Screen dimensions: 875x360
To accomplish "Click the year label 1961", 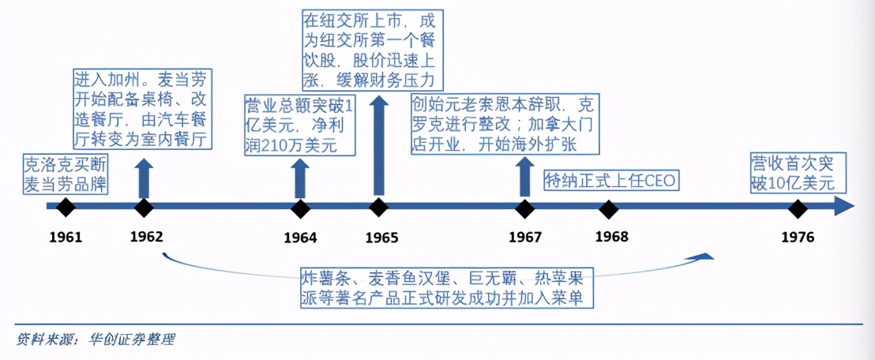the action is pos(66,237).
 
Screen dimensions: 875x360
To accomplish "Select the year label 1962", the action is pos(146,237).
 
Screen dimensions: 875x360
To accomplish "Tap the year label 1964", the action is pos(300,238).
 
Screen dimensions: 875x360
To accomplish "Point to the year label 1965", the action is pos(381,238).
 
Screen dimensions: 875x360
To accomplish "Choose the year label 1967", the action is pos(524,237).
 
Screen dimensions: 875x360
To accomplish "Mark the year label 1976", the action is pos(798,238).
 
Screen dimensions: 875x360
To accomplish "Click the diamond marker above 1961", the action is pos(66,208).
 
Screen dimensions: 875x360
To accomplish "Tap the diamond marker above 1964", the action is pos(300,208).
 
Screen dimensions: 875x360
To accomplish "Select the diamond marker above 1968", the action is pos(608,208).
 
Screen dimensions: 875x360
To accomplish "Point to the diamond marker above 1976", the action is pos(798,208).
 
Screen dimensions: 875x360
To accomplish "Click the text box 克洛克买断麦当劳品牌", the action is pos(66,174).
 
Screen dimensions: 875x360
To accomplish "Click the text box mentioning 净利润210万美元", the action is pos(299,124).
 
